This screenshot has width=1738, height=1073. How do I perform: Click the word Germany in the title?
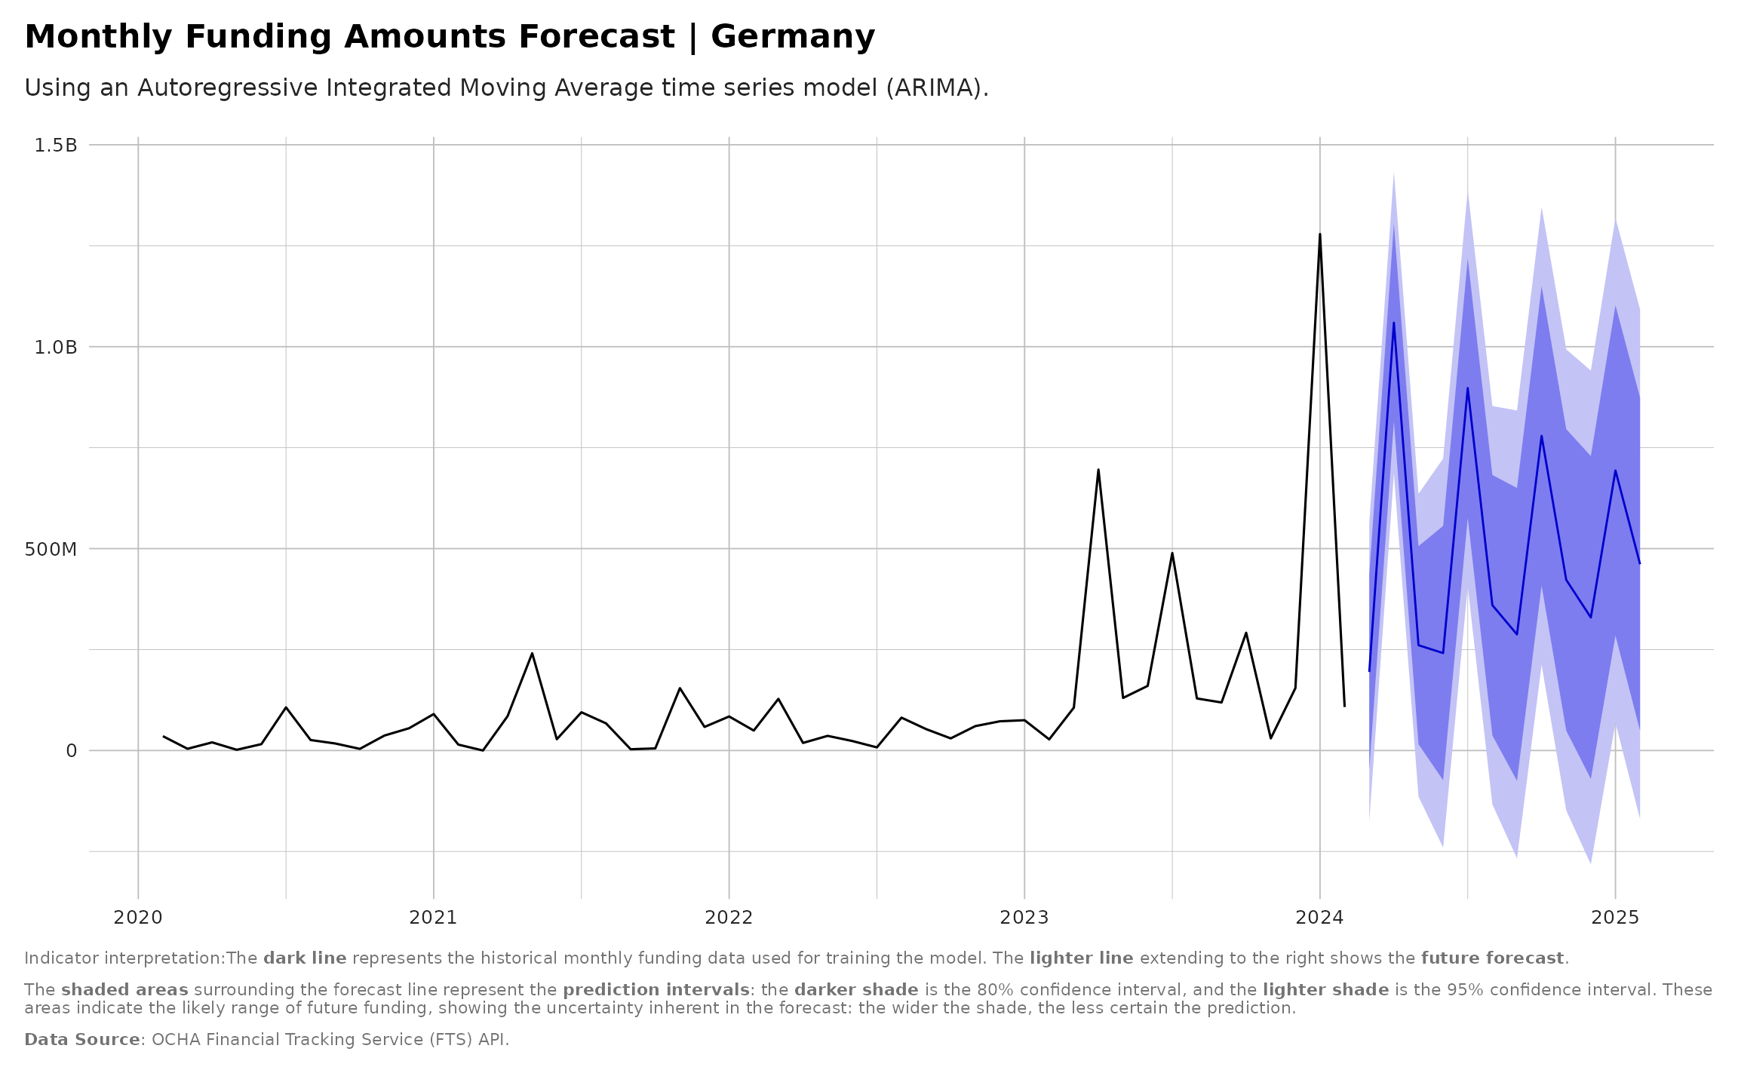(792, 37)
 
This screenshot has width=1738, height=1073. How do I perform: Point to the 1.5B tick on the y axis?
(56, 145)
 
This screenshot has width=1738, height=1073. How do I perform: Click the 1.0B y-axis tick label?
(56, 347)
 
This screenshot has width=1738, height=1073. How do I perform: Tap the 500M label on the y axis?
(51, 549)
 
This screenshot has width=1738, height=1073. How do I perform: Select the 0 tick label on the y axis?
(72, 751)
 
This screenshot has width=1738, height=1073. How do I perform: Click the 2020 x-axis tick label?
(138, 918)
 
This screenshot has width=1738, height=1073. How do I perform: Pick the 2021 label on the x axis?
(433, 918)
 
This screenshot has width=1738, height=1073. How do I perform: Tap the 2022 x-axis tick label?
(729, 918)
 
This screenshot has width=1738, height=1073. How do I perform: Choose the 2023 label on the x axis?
(1024, 918)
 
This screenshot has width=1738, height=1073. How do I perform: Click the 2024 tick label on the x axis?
(1319, 918)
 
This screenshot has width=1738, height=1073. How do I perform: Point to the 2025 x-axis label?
(1615, 918)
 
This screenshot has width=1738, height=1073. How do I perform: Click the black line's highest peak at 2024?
(1319, 235)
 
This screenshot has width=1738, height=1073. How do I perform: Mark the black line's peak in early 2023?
(1098, 470)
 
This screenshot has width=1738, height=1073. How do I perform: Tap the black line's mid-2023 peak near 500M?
(1171, 553)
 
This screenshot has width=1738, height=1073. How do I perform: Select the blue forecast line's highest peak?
(1393, 323)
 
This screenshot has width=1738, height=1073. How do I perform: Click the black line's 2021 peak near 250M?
(532, 653)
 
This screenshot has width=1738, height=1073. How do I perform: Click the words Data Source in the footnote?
(82, 1040)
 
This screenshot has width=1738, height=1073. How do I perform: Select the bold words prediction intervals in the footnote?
(656, 990)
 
